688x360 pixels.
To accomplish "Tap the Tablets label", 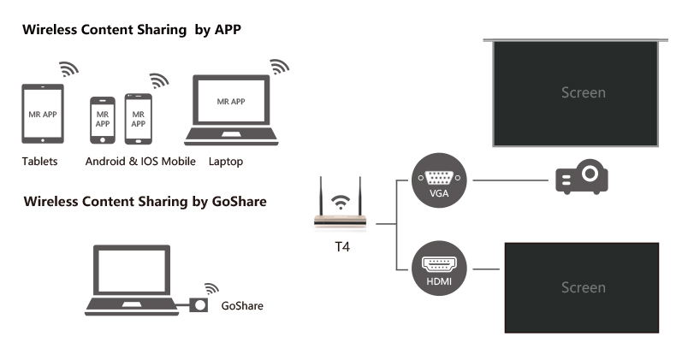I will coord(40,161).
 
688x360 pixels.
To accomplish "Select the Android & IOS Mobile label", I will coord(140,161).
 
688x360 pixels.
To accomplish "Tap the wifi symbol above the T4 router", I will coord(341,202).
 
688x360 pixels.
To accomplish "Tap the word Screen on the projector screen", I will coord(583,92).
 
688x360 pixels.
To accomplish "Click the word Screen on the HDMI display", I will coord(583,287).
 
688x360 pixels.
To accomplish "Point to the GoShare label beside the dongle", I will coord(242,305).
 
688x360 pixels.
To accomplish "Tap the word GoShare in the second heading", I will coord(234,202).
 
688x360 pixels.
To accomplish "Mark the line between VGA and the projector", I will coord(508,180).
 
